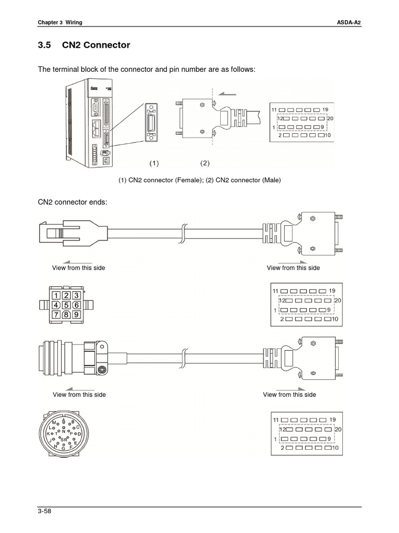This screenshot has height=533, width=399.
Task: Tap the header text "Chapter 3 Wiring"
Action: click(60, 22)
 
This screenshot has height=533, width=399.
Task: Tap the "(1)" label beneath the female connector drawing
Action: click(154, 163)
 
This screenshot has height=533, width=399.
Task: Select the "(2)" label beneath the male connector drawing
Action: click(205, 163)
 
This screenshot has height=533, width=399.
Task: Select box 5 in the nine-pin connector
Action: click(66, 305)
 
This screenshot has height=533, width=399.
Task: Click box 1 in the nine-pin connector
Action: click(56, 296)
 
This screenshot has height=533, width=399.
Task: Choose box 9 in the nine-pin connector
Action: click(76, 314)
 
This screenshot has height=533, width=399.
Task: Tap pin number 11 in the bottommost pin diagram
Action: click(275, 420)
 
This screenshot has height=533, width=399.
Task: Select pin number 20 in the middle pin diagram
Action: click(337, 300)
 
